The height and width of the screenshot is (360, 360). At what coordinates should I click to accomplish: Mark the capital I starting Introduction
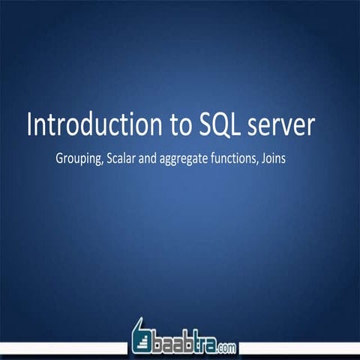click(x=30, y=125)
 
